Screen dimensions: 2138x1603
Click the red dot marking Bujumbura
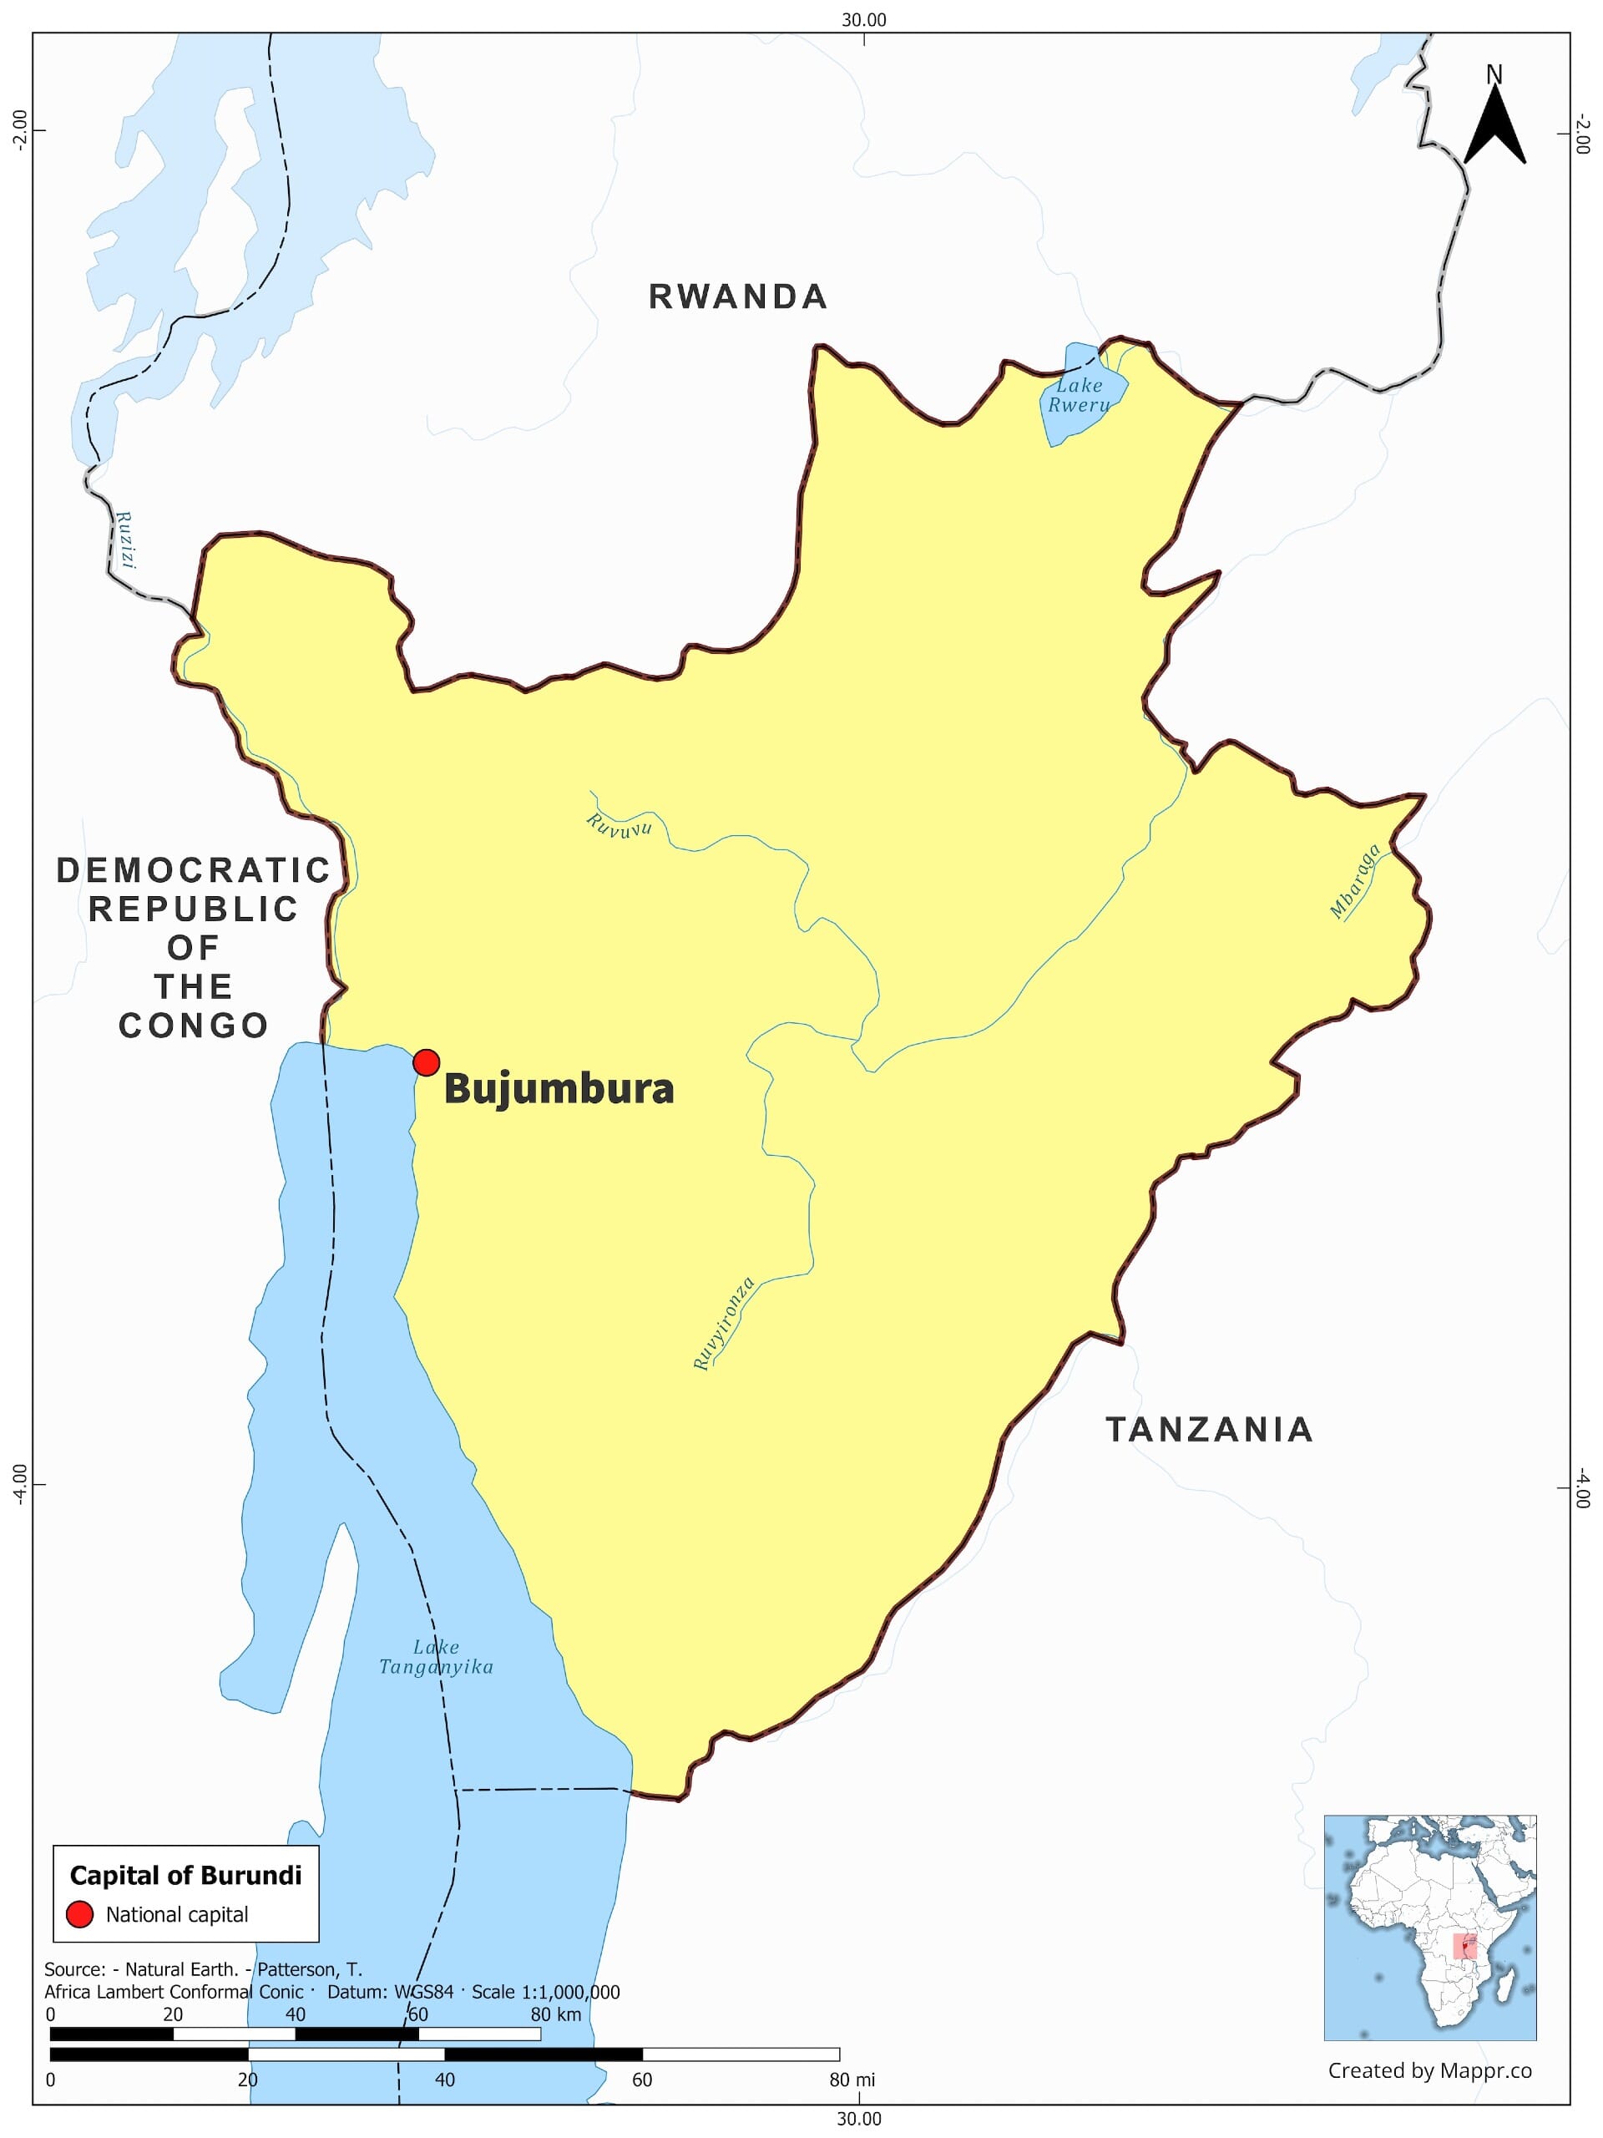pyautogui.click(x=426, y=1062)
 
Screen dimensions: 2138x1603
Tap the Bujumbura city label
pyautogui.click(x=559, y=1089)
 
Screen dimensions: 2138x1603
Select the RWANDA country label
pyautogui.click(x=737, y=296)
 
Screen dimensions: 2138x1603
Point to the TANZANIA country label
pyautogui.click(x=1209, y=1430)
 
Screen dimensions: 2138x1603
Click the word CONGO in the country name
pyautogui.click(x=193, y=1026)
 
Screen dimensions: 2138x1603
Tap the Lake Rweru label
pyautogui.click(x=1080, y=395)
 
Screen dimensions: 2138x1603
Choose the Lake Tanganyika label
pyautogui.click(x=436, y=1657)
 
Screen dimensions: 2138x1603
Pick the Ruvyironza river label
pyautogui.click(x=724, y=1325)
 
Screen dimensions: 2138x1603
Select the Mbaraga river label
pyautogui.click(x=1355, y=881)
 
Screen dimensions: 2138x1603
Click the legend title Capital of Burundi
pyautogui.click(x=185, y=1876)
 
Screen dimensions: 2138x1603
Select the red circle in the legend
pyautogui.click(x=79, y=1915)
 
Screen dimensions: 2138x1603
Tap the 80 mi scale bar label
pyautogui.click(x=852, y=2080)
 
